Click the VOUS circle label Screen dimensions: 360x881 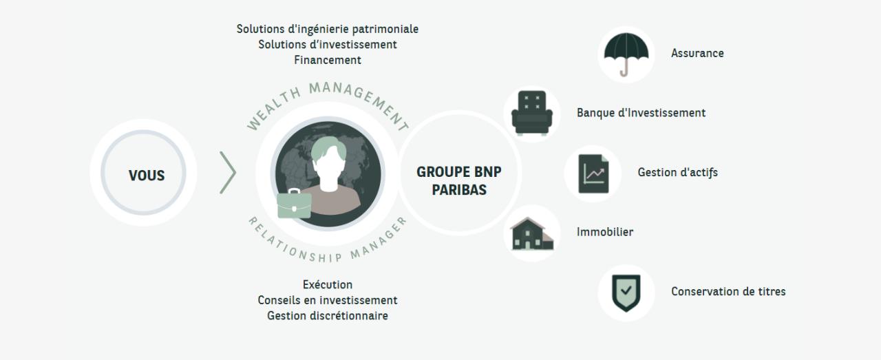click(147, 176)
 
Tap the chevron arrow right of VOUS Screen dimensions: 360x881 click(229, 173)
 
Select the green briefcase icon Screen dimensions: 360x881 click(294, 204)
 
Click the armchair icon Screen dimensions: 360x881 click(531, 113)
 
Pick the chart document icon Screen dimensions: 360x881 click(593, 173)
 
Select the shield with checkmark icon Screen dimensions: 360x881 click(626, 293)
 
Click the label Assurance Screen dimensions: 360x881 click(697, 53)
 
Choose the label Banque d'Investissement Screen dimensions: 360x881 click(641, 113)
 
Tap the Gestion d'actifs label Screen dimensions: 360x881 click(677, 172)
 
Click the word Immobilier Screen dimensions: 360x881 click(604, 232)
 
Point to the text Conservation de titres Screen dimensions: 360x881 click(728, 291)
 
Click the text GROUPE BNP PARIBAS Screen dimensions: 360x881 click(459, 181)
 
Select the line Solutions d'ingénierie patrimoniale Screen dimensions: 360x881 click(328, 29)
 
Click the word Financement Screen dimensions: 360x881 click(328, 60)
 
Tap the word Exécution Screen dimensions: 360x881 click(328, 284)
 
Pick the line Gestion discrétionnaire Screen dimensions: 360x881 click(328, 316)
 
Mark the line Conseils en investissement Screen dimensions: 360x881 click(328, 300)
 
